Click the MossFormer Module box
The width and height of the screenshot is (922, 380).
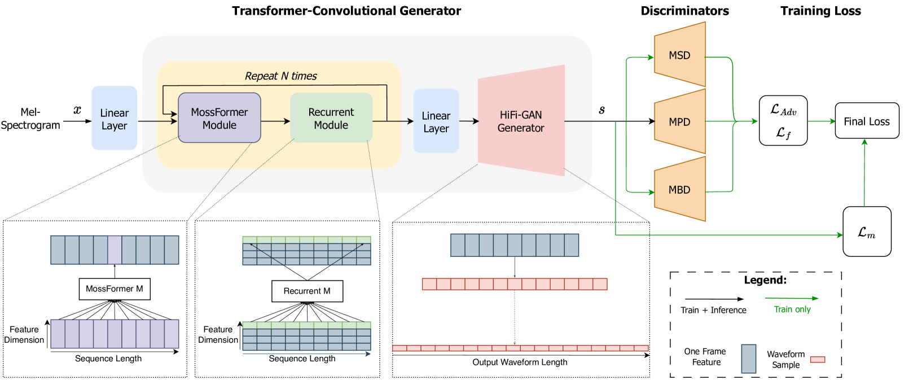[x=219, y=118]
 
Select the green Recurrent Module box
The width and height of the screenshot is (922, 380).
[x=331, y=118]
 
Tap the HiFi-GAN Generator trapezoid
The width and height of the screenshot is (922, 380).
[x=520, y=121]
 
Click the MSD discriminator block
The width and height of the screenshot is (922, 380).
[x=680, y=55]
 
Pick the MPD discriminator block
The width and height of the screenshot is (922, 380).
[x=680, y=122]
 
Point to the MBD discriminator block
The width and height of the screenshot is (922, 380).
[x=680, y=190]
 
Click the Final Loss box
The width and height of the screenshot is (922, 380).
[x=867, y=121]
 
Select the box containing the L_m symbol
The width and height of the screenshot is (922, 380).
[x=867, y=232]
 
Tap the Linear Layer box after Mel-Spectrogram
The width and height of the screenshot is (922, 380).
[x=115, y=119]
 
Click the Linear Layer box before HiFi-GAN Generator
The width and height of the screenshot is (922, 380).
[x=436, y=121]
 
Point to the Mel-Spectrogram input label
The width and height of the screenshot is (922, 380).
[x=30, y=119]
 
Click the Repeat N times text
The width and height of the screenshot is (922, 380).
[x=281, y=76]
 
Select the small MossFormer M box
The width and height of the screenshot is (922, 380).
[x=115, y=289]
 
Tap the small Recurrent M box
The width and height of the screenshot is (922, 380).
[x=307, y=291]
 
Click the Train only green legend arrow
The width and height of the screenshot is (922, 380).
[x=792, y=298]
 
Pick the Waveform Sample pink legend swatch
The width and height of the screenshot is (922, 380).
[x=818, y=359]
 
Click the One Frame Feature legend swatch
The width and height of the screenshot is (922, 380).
[x=749, y=359]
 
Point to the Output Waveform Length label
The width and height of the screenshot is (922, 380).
[x=520, y=362]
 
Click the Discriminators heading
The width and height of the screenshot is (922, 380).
[x=684, y=11]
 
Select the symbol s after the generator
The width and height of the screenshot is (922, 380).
[x=602, y=110]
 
